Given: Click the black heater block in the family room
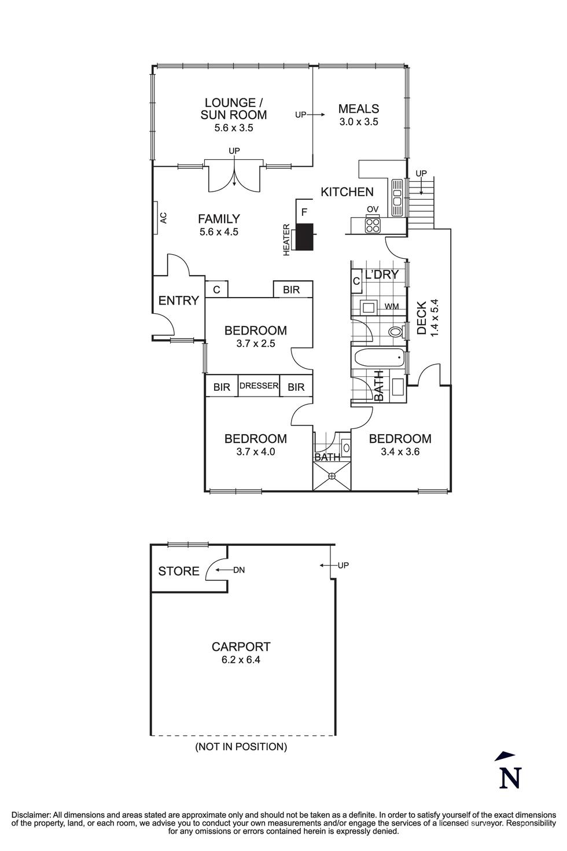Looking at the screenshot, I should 304,237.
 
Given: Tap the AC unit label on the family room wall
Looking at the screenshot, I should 163,218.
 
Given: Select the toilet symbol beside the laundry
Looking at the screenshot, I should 396,332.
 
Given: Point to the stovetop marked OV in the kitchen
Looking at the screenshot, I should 372,224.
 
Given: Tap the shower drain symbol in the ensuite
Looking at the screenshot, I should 332,476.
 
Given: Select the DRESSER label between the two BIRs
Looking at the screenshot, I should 259,386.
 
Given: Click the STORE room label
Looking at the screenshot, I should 179,571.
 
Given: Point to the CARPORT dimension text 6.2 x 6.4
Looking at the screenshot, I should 241,660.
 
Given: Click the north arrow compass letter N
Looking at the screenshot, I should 510,777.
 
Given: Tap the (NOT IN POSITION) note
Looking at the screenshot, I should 241,747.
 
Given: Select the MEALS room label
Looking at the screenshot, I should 359,109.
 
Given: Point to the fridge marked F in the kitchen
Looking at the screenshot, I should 304,212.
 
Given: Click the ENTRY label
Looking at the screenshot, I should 178,300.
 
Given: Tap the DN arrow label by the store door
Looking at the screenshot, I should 239,570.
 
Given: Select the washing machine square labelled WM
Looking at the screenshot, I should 368,306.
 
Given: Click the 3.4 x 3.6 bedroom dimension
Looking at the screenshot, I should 400,452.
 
